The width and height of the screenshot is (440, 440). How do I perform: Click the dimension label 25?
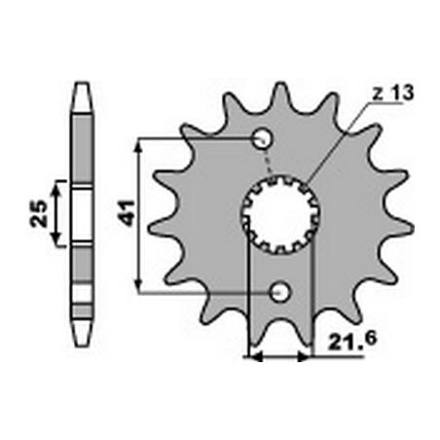[37, 211]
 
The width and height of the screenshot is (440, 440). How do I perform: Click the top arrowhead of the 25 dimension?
[55, 185]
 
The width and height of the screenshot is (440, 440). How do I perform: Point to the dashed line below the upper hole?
[270, 161]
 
